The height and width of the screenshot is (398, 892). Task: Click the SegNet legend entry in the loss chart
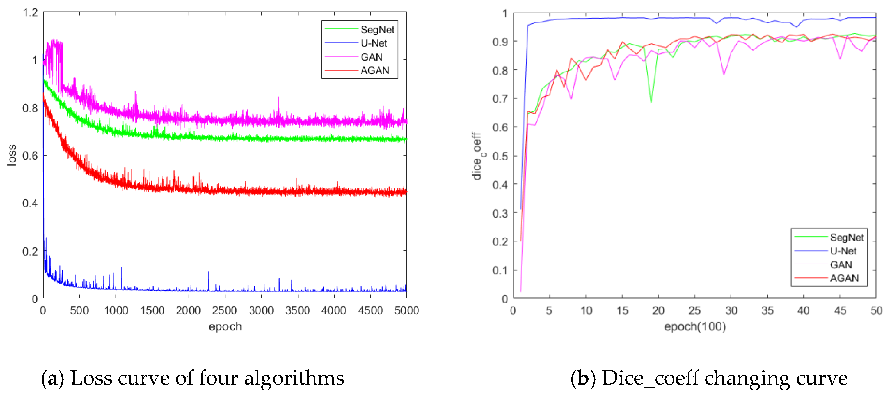pyautogui.click(x=377, y=30)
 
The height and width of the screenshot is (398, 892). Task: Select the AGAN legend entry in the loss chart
pyautogui.click(x=375, y=71)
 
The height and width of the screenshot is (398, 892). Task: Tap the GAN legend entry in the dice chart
pyautogui.click(x=841, y=265)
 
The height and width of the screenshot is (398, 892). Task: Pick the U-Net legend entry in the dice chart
pyautogui.click(x=843, y=251)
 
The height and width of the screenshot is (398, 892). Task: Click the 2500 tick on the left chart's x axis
pyautogui.click(x=224, y=310)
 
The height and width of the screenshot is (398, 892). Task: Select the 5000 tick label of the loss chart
pyautogui.click(x=406, y=310)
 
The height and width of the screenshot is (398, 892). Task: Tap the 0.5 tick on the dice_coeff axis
pyautogui.click(x=500, y=156)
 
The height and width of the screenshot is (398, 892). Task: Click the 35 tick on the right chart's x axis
pyautogui.click(x=767, y=310)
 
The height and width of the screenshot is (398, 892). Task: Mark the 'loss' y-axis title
pyautogui.click(x=12, y=155)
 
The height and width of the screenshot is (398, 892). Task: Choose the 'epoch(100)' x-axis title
pyautogui.click(x=695, y=326)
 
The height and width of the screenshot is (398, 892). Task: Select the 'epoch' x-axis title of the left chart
pyautogui.click(x=225, y=326)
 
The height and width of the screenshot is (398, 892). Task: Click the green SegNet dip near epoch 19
pyautogui.click(x=651, y=102)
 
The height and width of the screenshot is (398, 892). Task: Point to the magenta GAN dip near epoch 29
pyautogui.click(x=724, y=74)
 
